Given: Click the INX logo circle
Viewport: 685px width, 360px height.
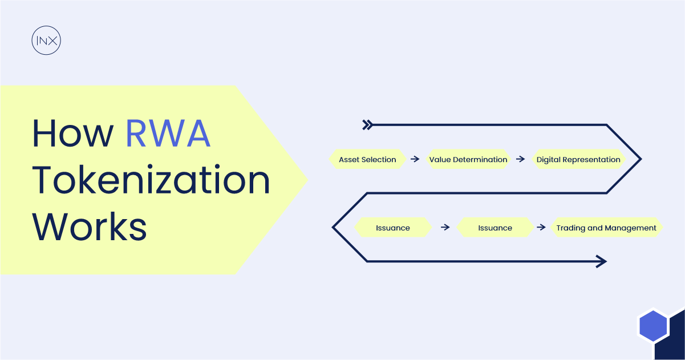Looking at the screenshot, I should click(x=46, y=41).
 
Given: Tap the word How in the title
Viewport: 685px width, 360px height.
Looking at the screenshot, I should click(x=73, y=134).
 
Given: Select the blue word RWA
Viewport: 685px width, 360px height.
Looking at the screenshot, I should click(x=168, y=134).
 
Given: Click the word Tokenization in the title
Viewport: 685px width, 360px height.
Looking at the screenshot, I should click(x=151, y=180).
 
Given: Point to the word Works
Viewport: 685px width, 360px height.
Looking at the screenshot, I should click(x=90, y=226).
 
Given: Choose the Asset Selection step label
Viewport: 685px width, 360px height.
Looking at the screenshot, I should click(x=367, y=160).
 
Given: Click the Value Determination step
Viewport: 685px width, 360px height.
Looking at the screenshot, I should click(x=468, y=160).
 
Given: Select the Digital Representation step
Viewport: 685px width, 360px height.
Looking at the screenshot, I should click(x=578, y=160).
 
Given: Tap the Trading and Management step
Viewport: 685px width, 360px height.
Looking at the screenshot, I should click(x=606, y=228).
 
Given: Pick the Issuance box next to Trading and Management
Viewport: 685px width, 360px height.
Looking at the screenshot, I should click(x=495, y=228).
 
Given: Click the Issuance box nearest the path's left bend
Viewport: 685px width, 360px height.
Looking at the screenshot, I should click(x=392, y=228).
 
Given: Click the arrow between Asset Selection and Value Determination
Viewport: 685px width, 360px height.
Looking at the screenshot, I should click(x=415, y=160).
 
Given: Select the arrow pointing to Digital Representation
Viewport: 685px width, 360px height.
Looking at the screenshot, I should click(x=520, y=160).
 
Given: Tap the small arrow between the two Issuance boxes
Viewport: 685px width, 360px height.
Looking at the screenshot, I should click(x=445, y=228).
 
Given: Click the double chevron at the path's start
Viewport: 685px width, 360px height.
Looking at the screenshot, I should click(x=368, y=125).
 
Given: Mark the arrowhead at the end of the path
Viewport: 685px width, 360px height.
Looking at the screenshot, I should click(x=601, y=262).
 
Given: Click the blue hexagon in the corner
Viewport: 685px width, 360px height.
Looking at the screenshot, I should click(x=653, y=326).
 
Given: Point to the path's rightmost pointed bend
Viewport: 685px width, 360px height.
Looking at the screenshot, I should click(x=641, y=159).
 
